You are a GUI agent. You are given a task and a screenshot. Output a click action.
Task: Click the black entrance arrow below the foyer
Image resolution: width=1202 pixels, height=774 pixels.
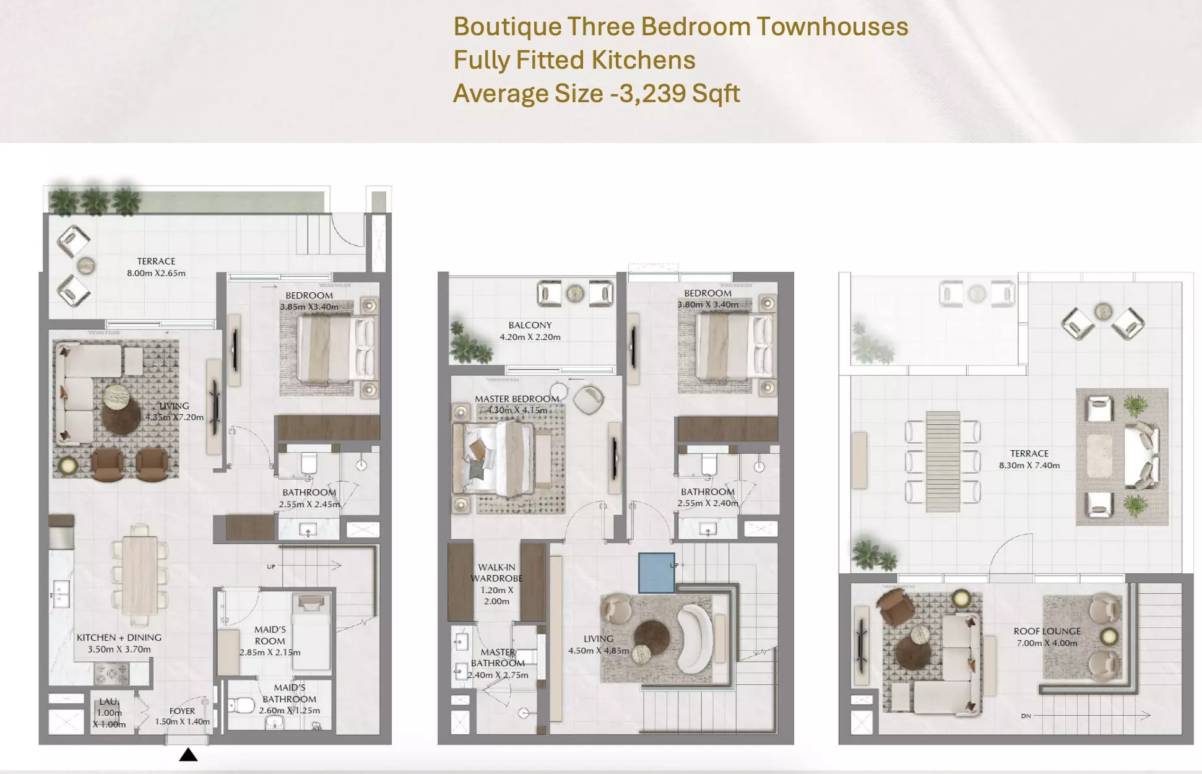188,754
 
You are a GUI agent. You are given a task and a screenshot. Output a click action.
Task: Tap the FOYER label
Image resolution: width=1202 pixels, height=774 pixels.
182,711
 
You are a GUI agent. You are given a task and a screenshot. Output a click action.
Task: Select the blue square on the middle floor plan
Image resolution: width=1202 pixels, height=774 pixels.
656,573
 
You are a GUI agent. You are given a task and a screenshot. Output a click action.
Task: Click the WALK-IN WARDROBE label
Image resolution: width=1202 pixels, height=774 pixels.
496,573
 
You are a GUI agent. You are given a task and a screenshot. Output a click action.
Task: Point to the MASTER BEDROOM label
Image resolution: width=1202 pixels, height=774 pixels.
517,399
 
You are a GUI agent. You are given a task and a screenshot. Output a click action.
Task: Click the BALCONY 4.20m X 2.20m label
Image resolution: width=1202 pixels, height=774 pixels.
530,331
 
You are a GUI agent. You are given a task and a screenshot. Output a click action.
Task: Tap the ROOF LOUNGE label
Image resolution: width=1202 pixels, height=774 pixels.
1047,631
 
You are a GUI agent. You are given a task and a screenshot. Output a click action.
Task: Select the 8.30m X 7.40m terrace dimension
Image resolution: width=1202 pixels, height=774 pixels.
1029,465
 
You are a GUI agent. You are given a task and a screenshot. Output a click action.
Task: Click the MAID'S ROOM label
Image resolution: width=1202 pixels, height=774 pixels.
270,635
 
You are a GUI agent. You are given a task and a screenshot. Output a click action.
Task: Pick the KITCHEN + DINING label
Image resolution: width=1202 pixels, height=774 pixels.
119,637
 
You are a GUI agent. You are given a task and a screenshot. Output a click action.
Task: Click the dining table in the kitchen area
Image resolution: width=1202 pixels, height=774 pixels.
139,574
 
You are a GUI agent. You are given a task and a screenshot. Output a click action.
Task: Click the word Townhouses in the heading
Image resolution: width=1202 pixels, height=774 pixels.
832,27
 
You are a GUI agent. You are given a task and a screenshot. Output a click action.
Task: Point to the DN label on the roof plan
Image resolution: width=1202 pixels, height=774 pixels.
1026,716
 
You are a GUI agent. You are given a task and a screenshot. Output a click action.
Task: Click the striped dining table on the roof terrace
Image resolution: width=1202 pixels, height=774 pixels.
943,461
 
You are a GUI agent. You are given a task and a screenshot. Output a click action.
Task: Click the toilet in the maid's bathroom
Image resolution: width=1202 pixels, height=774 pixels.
241,705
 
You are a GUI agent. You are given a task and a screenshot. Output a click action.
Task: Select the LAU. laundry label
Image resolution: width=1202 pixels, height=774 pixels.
108,702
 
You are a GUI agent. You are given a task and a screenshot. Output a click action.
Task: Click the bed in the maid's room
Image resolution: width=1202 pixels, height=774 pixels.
311,632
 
